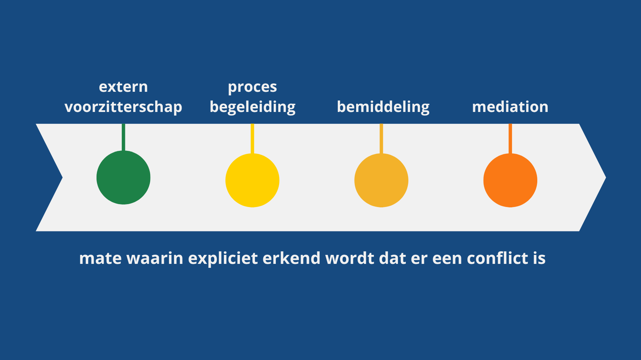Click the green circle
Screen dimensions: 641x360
124,177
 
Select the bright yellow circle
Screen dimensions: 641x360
252,180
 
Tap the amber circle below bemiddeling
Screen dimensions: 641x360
381,180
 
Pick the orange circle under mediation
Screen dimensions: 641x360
510,180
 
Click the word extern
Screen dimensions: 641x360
124,87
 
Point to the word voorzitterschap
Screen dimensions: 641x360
124,107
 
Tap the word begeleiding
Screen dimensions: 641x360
252,107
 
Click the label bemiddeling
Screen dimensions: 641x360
383,107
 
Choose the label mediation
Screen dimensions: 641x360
510,107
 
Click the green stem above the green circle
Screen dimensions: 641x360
124,137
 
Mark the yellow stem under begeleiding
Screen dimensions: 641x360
252,139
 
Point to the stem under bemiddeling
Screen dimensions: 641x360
381,139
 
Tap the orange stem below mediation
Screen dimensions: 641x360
510,139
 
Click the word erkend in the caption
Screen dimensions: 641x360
291,258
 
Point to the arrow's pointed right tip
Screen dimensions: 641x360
606,177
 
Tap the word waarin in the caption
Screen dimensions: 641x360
155,258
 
